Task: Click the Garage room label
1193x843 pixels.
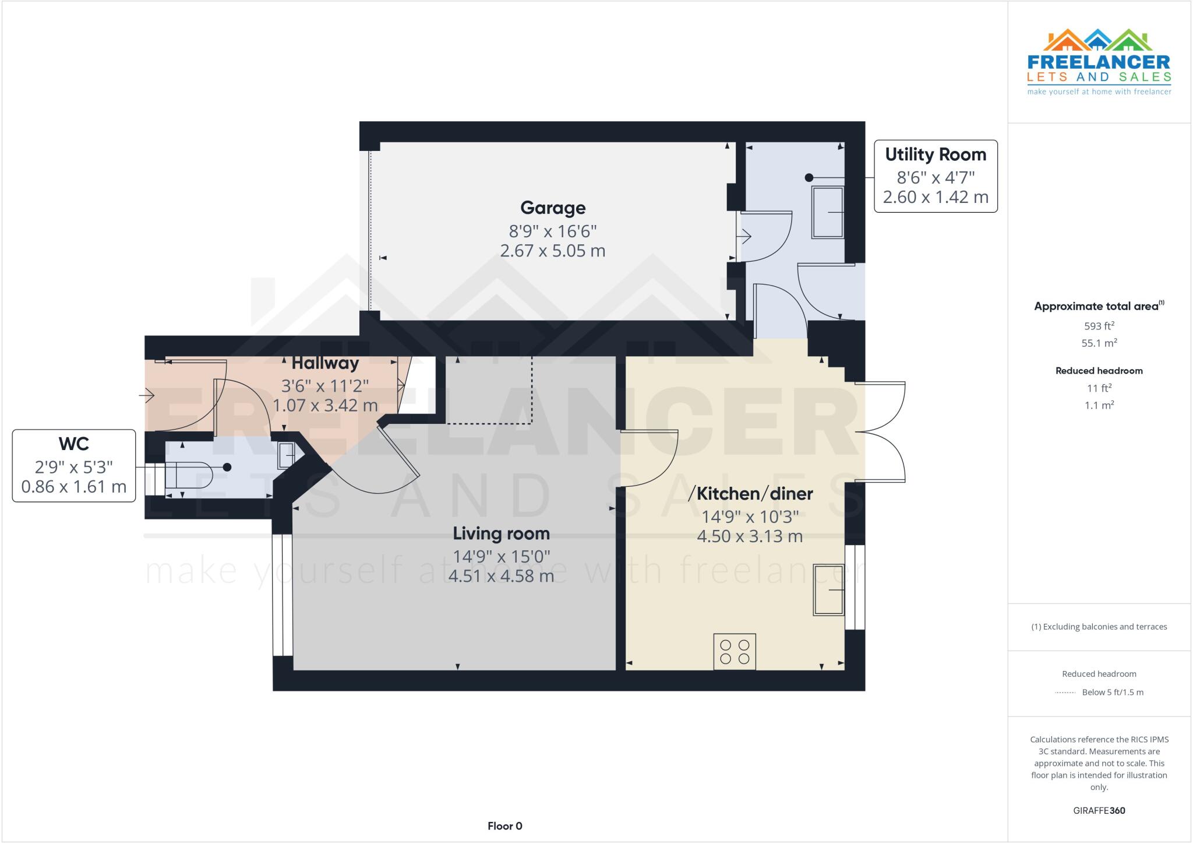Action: coord(552,208)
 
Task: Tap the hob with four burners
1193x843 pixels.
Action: coord(735,652)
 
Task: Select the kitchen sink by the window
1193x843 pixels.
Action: coord(828,589)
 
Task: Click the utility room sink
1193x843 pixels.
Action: coord(828,212)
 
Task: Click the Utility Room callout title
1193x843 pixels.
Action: coord(936,154)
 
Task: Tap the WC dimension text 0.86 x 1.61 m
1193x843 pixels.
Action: coord(74,487)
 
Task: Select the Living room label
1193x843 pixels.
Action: coord(501,533)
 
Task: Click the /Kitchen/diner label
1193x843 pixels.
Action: coord(750,494)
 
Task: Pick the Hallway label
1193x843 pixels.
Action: coord(325,363)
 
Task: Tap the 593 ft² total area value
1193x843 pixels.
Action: coord(1099,326)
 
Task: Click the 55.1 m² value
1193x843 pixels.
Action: coord(1099,343)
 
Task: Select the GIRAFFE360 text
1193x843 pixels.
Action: coord(1099,810)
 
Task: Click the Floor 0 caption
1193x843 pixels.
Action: coord(504,826)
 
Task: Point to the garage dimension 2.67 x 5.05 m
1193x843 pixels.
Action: coord(552,251)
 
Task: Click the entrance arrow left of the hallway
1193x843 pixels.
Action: coord(146,396)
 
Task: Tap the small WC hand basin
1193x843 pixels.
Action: coord(286,455)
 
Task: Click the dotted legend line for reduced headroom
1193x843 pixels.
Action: coord(1065,693)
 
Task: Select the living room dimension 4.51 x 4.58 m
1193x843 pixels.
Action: coord(501,577)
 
